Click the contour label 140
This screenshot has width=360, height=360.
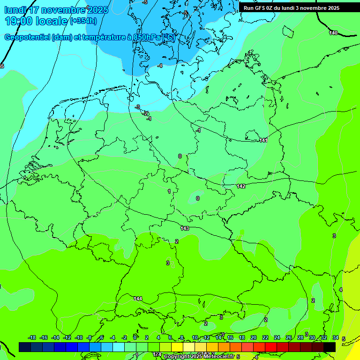tap(333, 33)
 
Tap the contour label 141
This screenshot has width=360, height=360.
tap(263, 140)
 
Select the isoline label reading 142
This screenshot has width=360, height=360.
tap(241, 186)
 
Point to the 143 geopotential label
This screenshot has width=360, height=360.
tap(185, 228)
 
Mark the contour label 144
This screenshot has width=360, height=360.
tap(138, 299)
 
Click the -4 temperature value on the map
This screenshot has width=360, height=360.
tap(160, 66)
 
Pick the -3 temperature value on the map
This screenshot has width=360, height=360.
tap(137, 107)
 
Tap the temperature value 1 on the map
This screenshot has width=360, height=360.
tap(169, 191)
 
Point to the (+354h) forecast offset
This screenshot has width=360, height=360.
tap(83, 21)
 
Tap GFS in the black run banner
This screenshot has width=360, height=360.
tap(261, 7)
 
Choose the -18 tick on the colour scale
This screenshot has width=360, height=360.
tap(32, 337)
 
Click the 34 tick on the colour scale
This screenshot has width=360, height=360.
tap(335, 337)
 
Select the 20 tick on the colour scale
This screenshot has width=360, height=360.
tap(253, 337)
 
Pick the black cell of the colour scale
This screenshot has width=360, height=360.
tap(330, 347)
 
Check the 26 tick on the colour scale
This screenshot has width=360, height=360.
tap(288, 337)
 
